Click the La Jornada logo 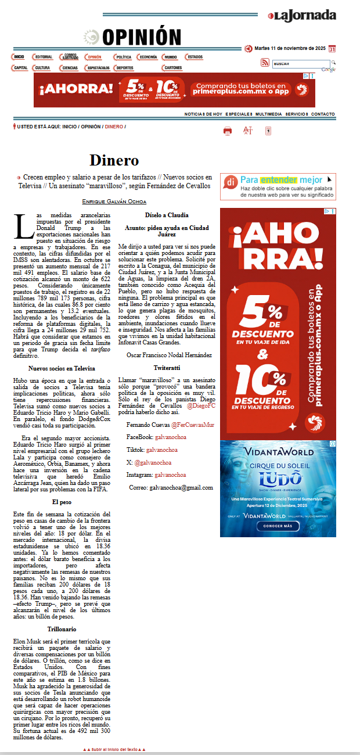click(x=302, y=16)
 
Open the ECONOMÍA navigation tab click(x=147, y=57)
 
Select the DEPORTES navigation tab click(x=123, y=68)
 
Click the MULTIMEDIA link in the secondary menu click(x=268, y=114)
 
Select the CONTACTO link click(x=323, y=114)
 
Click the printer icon click(x=228, y=131)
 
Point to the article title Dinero click(x=114, y=160)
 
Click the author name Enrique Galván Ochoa click(x=114, y=201)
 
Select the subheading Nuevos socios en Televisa click(x=61, y=369)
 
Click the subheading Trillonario click(x=62, y=629)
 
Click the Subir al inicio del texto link click(x=114, y=750)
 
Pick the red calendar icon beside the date click(x=332, y=49)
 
